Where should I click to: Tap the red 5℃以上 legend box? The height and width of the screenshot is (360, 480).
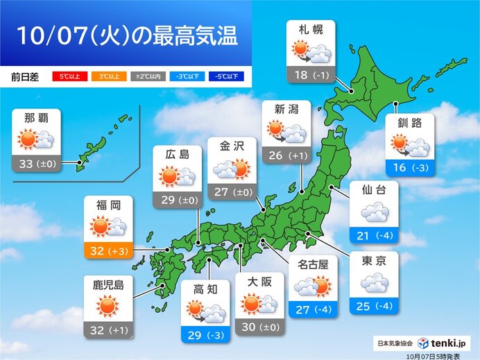click(x=67, y=76)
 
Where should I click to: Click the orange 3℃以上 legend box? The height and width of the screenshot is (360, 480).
click(x=105, y=76)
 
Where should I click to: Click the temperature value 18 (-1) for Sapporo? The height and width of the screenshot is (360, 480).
click(x=310, y=74)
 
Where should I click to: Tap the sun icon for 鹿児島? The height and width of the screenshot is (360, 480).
click(x=108, y=305)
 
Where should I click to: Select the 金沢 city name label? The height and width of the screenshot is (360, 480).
click(x=232, y=147)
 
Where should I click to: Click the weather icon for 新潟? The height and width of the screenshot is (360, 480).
click(x=286, y=131)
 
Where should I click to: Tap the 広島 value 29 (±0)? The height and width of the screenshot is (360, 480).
click(x=177, y=199)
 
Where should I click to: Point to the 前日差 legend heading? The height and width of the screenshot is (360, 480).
click(x=24, y=76)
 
